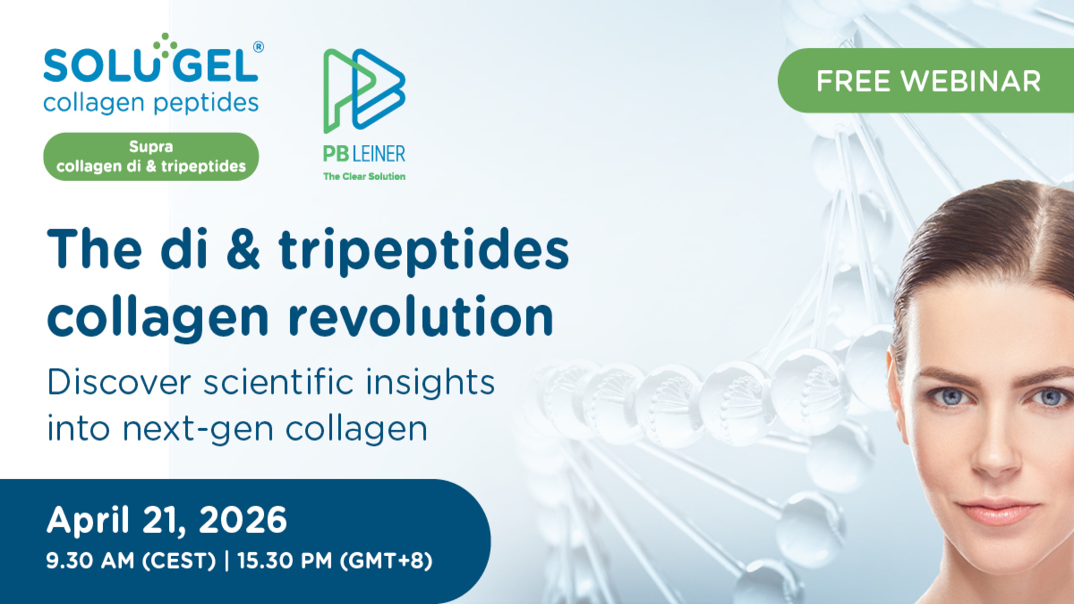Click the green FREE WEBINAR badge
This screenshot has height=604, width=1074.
pos(926,80)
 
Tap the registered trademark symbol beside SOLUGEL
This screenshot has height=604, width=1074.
pos(258,47)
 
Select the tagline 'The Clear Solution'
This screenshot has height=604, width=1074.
pos(364,176)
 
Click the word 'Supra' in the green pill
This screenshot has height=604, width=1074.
pos(151,147)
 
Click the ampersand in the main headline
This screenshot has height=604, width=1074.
pos(243,250)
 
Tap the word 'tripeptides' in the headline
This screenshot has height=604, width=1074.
pos(424,252)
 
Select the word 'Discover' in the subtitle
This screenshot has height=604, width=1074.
pos(119,382)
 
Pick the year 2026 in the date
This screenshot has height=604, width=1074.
pos(243,519)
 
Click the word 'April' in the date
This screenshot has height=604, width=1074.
pos(88,521)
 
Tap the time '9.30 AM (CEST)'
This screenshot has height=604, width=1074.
pos(131,560)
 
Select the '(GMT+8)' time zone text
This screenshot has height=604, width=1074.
pos(386,560)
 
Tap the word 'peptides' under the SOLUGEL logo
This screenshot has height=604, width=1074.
pos(206,103)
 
